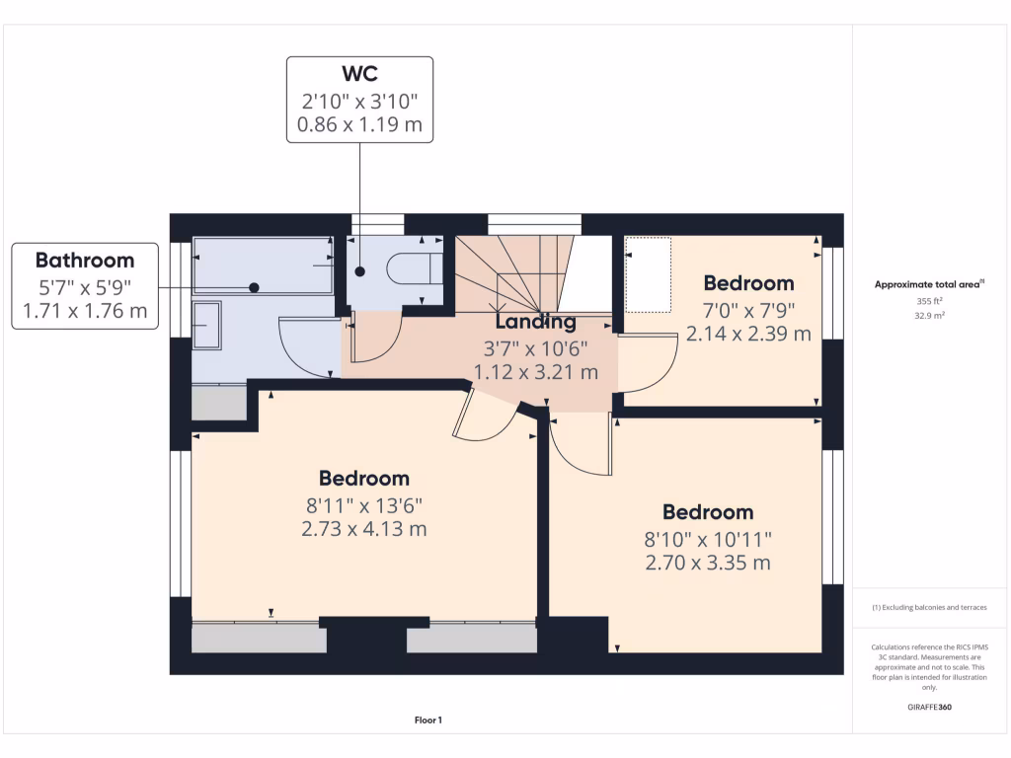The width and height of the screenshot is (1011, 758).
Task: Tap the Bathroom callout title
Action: tap(85, 261)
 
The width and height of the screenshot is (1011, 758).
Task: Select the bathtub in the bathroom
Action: tap(263, 265)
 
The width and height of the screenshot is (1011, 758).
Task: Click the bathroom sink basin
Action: tap(207, 326)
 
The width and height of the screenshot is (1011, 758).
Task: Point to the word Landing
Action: tap(535, 322)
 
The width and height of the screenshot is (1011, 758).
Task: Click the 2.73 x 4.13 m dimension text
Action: tap(364, 529)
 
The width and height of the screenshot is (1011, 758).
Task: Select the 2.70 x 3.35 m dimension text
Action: tap(707, 563)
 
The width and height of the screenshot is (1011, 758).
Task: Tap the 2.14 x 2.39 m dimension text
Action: tap(748, 334)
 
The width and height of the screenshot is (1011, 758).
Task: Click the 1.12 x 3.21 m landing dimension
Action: tap(536, 372)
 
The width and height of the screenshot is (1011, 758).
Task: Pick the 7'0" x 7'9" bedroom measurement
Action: tap(747, 309)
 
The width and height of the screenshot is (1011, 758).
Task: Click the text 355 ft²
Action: tap(929, 302)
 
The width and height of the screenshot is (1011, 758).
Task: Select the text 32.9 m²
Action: tap(929, 317)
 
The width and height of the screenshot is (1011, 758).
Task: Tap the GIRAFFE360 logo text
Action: tap(929, 708)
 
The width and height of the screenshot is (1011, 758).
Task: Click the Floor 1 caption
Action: tap(428, 721)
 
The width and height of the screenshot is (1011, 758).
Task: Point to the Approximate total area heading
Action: tap(929, 284)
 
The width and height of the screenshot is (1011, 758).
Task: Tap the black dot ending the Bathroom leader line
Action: tap(254, 287)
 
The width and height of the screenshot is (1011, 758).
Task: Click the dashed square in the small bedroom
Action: tap(649, 273)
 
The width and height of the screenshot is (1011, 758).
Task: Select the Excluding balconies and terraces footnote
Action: tap(929, 608)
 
